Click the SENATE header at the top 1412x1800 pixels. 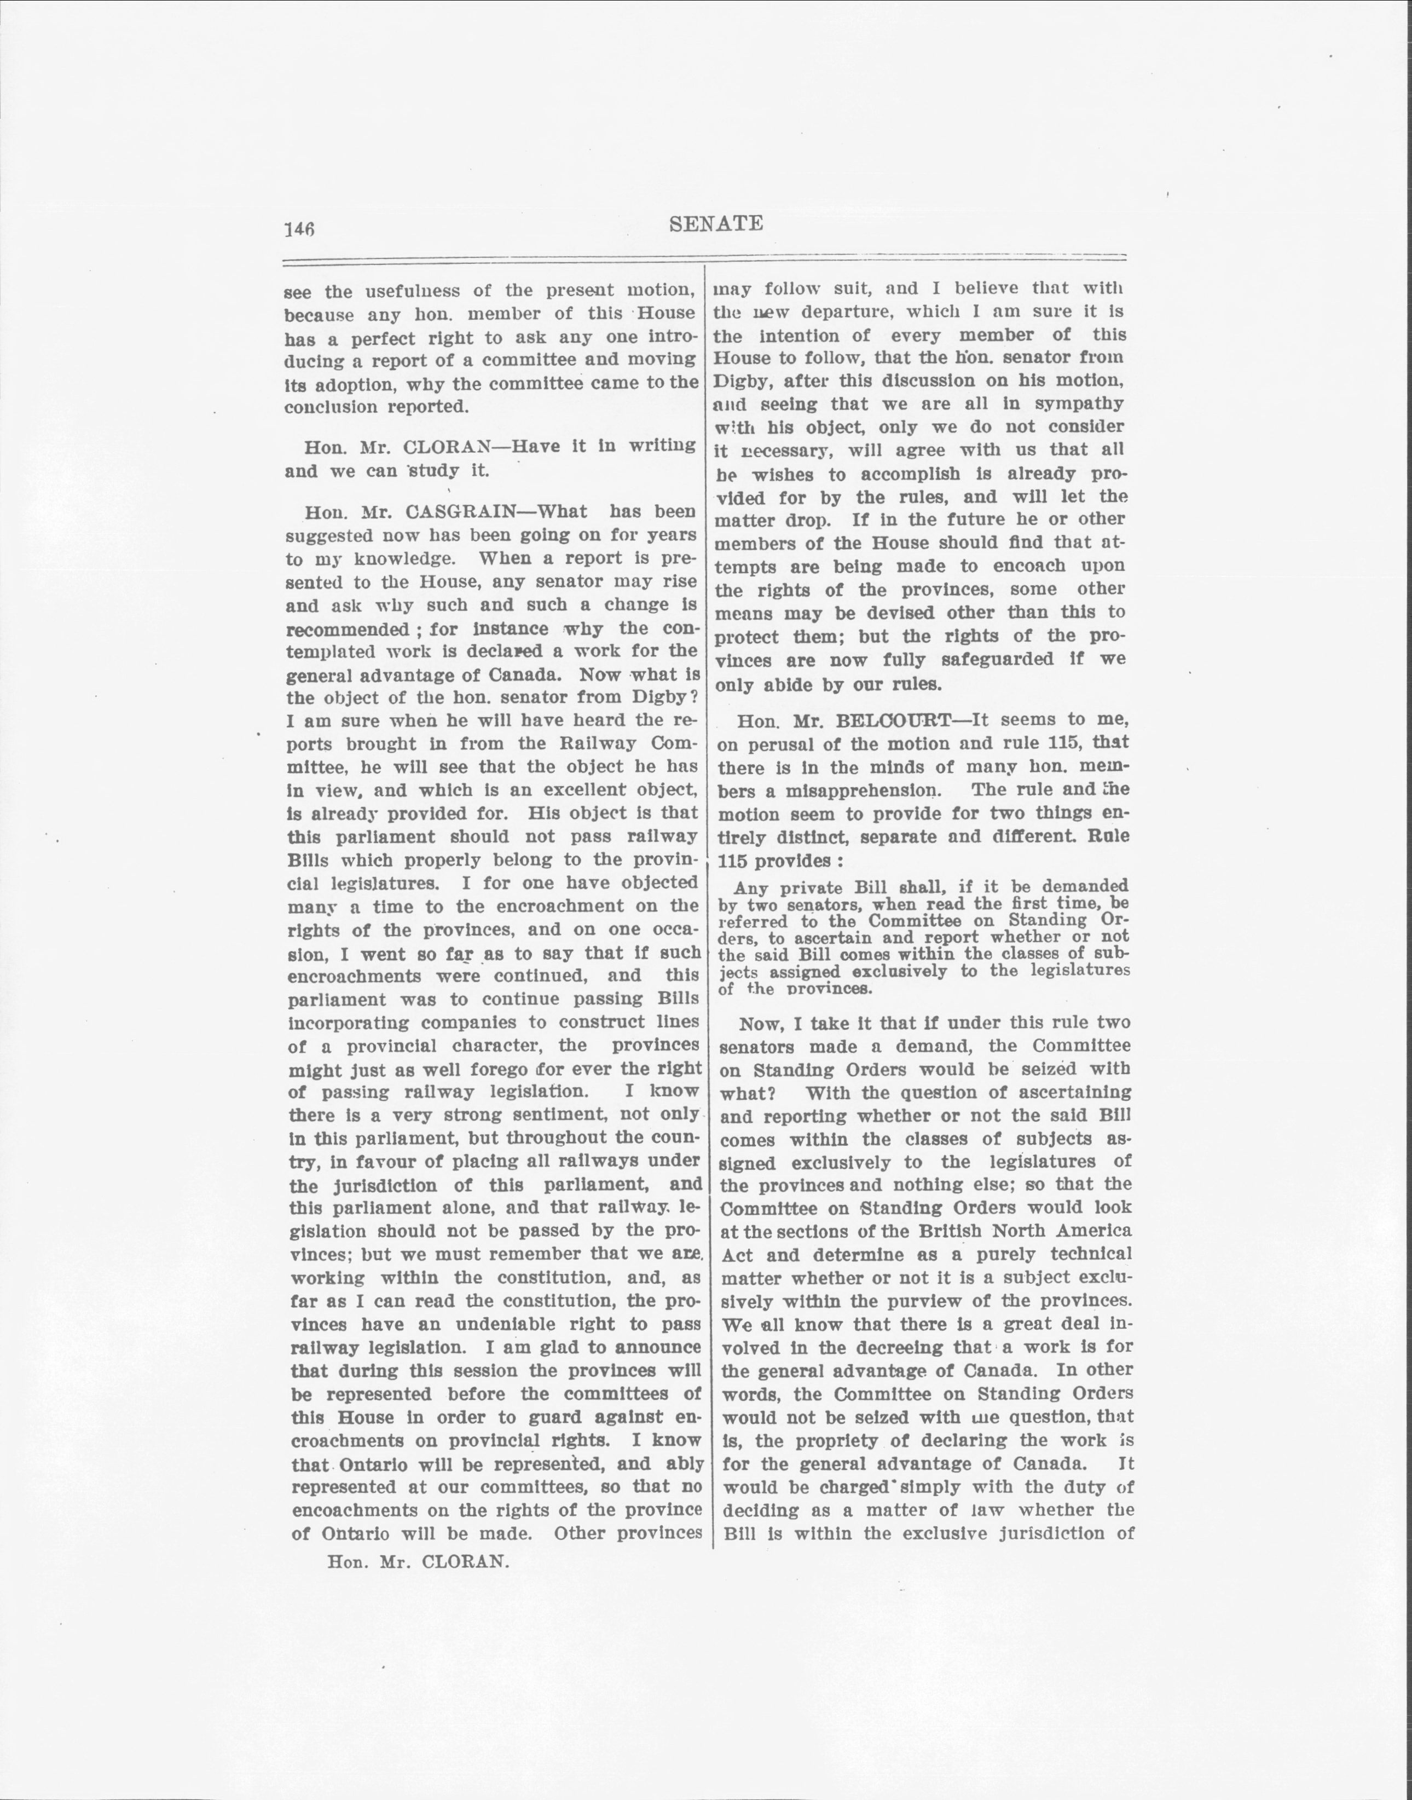[716, 223]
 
